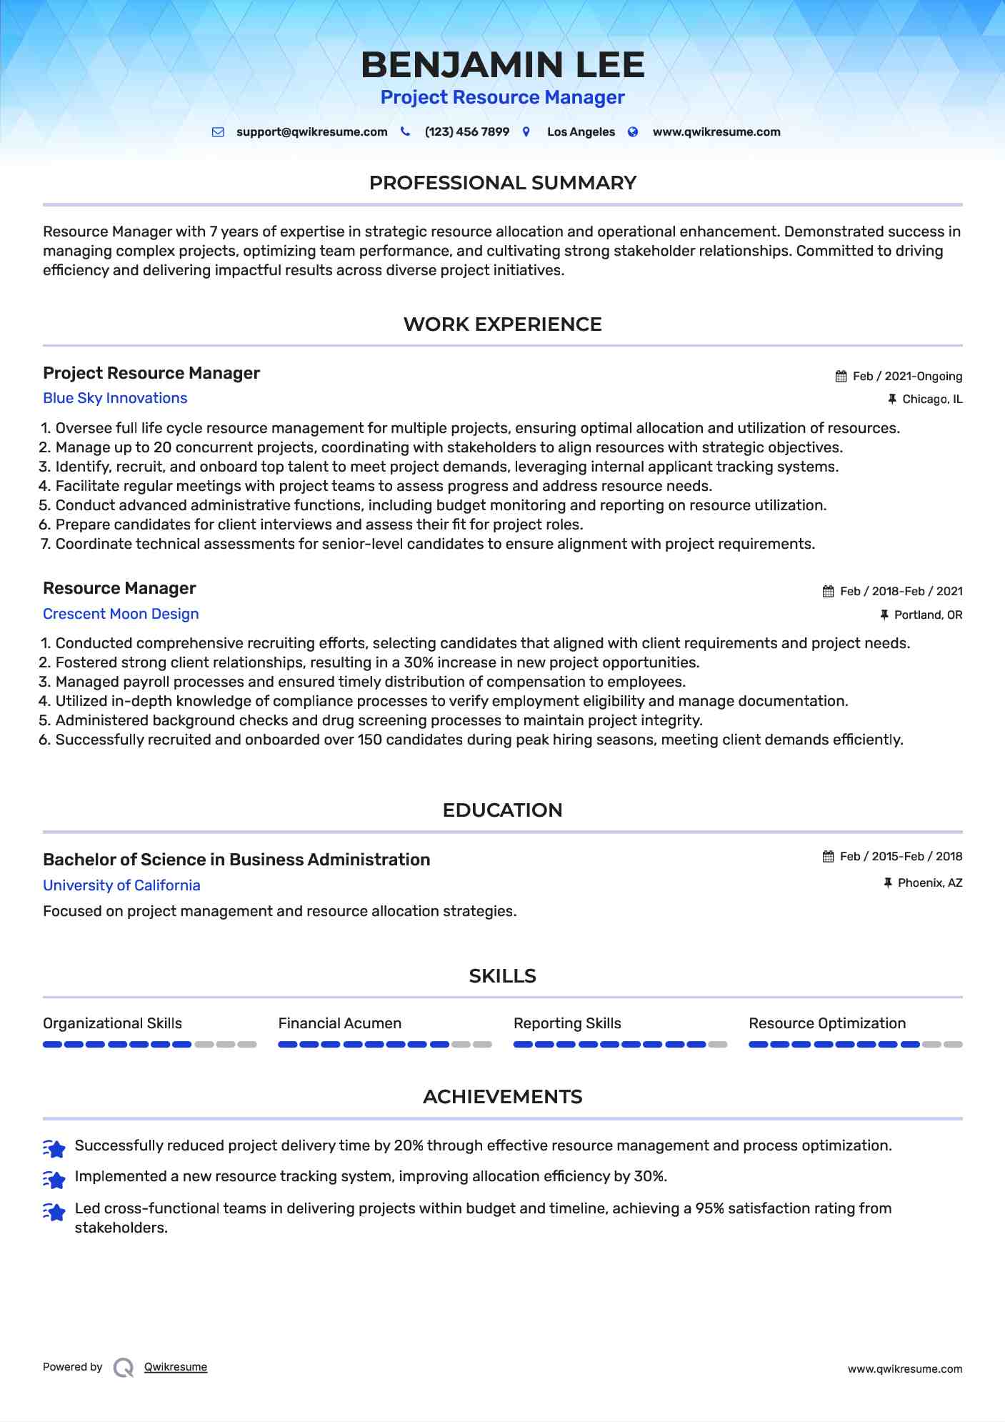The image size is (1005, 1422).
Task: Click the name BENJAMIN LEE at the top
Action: [x=502, y=65]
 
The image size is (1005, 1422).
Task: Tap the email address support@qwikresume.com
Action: [x=311, y=132]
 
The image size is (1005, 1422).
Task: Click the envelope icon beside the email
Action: [x=218, y=132]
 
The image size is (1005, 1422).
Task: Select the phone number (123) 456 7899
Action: [x=466, y=132]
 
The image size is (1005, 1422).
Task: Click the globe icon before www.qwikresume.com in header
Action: [x=633, y=132]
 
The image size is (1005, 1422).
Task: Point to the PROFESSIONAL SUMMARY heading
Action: [x=502, y=183]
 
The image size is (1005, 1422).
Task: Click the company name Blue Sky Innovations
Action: [x=115, y=399]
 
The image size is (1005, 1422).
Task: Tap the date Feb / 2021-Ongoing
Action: [x=907, y=377]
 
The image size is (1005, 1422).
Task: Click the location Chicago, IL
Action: [x=931, y=399]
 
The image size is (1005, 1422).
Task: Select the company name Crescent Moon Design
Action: [x=121, y=615]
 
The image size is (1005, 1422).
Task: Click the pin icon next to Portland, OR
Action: [x=884, y=615]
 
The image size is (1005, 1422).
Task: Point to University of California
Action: [x=121, y=885]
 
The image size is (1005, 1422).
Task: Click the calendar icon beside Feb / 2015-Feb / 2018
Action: [x=829, y=857]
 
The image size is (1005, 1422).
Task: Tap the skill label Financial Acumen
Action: [x=339, y=1023]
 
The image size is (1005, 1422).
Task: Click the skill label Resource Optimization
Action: [x=826, y=1023]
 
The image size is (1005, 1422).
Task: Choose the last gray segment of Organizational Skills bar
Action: [x=247, y=1045]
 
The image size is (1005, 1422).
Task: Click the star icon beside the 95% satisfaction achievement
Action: [x=54, y=1212]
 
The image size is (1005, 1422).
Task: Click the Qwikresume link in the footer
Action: [x=176, y=1367]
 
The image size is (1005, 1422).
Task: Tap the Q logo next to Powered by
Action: [x=124, y=1368]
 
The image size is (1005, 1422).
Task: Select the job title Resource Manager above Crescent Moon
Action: [x=119, y=588]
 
